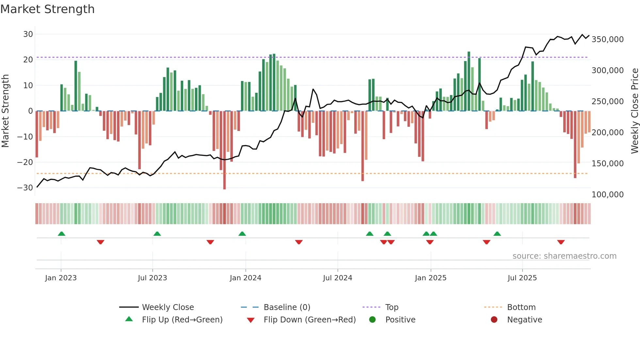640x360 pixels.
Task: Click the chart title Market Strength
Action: (47, 9)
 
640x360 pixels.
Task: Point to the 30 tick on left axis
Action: (28, 34)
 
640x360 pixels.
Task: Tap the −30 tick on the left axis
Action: (25, 188)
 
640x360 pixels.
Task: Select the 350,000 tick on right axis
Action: (607, 40)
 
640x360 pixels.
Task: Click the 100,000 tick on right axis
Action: (607, 195)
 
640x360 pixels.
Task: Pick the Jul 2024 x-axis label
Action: (337, 278)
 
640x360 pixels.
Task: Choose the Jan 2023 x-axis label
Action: (61, 278)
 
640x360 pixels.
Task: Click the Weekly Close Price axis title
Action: (634, 111)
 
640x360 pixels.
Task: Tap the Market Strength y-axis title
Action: (6, 111)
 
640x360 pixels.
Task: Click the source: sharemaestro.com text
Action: (564, 256)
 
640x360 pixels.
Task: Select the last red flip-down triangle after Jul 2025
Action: (561, 242)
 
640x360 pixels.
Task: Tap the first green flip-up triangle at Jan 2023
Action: (61, 234)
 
